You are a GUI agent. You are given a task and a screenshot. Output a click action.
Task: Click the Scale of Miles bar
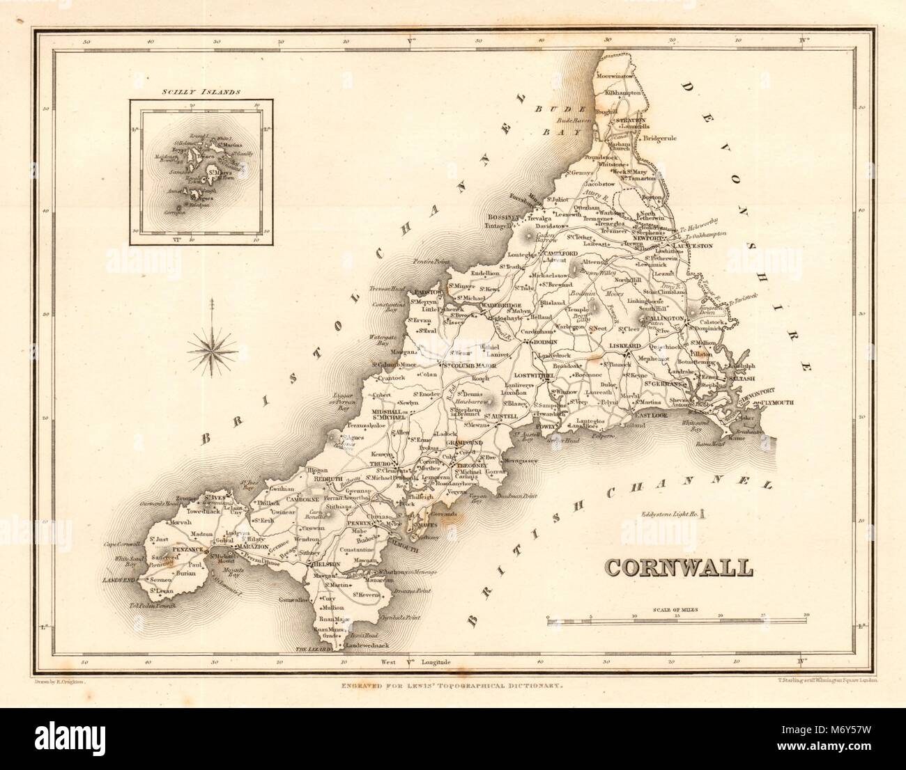click(676, 618)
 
